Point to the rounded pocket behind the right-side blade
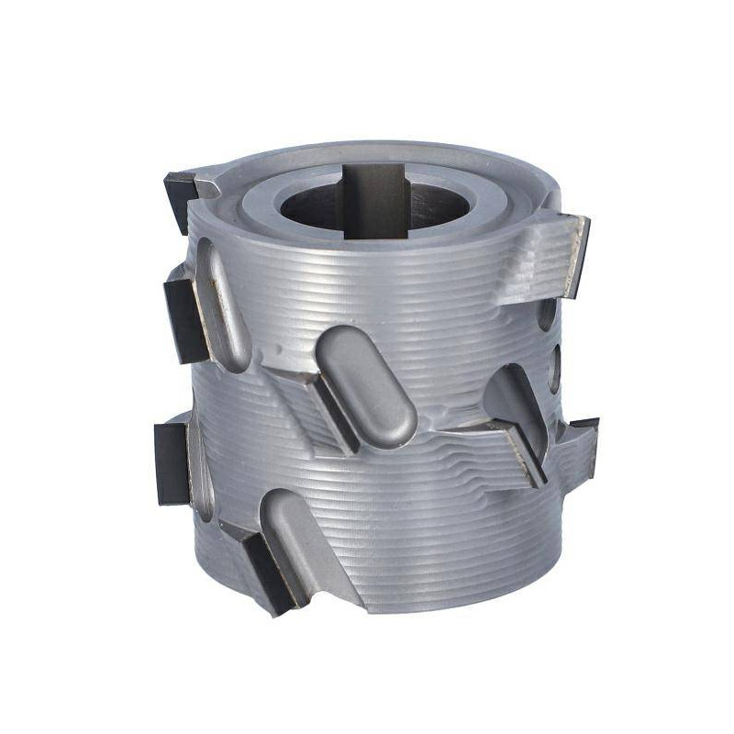510,395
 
